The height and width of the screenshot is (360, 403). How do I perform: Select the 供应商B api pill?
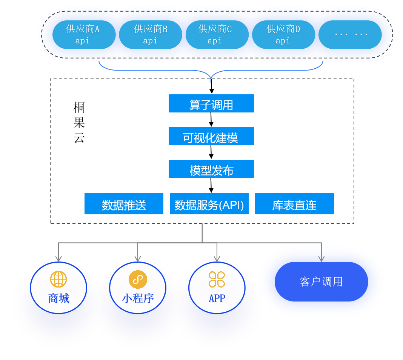[x=151, y=35]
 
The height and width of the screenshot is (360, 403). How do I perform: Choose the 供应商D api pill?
[x=283, y=35]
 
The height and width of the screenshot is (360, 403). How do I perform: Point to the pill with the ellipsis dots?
[x=350, y=35]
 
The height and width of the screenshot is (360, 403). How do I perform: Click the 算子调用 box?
[x=211, y=103]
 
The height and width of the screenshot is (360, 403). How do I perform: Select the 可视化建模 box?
[x=211, y=136]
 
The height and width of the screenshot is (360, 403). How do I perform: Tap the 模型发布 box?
[x=211, y=169]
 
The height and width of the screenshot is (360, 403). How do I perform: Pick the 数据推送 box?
[x=124, y=204]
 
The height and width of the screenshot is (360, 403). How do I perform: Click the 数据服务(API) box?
[x=209, y=204]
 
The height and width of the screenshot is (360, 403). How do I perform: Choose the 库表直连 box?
[x=294, y=204]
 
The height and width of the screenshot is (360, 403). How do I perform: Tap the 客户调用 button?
[x=321, y=282]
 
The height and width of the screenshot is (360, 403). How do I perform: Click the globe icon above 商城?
[x=58, y=279]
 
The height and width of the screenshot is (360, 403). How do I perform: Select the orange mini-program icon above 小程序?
[x=138, y=279]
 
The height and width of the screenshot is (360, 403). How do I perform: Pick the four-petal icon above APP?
[x=217, y=279]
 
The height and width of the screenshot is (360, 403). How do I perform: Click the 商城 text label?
[x=58, y=298]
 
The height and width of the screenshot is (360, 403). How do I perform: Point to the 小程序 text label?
[x=138, y=298]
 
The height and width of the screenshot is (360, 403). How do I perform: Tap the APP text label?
[x=217, y=298]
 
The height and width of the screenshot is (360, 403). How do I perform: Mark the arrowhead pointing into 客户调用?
[x=321, y=259]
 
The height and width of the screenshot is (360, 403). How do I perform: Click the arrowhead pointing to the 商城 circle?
[x=58, y=259]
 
